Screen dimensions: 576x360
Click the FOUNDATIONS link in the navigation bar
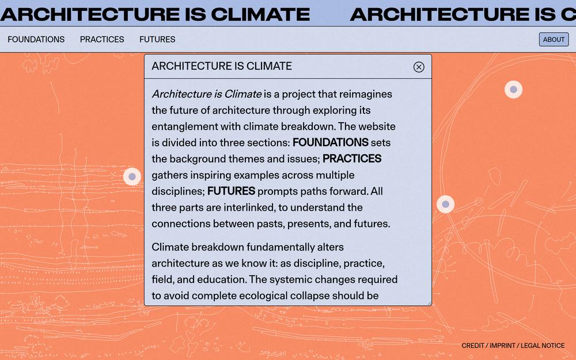pyautogui.click(x=36, y=39)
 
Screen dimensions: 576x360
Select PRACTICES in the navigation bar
pyautogui.click(x=102, y=39)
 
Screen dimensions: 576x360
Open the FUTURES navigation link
pyautogui.click(x=157, y=39)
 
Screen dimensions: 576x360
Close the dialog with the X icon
pyautogui.click(x=419, y=67)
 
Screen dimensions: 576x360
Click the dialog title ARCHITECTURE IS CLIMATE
pyautogui.click(x=222, y=66)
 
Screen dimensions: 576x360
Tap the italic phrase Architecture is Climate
pyautogui.click(x=207, y=94)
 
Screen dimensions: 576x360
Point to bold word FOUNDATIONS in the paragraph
pyautogui.click(x=330, y=142)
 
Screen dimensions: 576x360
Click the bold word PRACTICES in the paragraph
pyautogui.click(x=352, y=159)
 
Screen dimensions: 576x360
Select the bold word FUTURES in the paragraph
pyautogui.click(x=231, y=191)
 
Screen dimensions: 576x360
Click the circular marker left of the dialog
pyautogui.click(x=132, y=177)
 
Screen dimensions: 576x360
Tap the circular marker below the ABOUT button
pyautogui.click(x=514, y=89)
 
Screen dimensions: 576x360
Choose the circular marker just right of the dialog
pyautogui.click(x=446, y=204)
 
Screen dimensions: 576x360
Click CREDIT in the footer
pyautogui.click(x=473, y=346)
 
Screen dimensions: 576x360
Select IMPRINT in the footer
pyautogui.click(x=502, y=346)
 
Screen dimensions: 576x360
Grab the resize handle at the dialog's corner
pyautogui.click(x=429, y=303)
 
